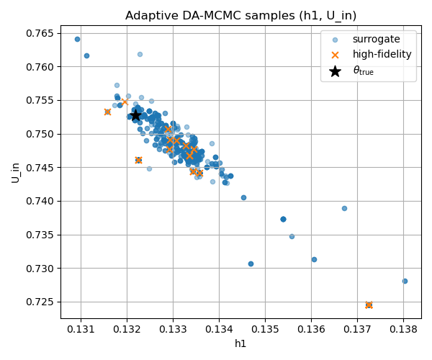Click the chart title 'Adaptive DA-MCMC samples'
pyautogui.click(x=240, y=15)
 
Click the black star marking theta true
pyautogui.click(x=135, y=115)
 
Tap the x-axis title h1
pyautogui.click(x=240, y=343)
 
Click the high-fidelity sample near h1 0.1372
pyautogui.click(x=369, y=305)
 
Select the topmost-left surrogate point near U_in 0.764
pyautogui.click(x=77, y=39)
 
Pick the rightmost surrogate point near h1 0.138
pyautogui.click(x=405, y=281)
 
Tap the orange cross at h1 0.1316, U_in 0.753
pyautogui.click(x=107, y=112)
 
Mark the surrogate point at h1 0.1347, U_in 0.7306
pyautogui.click(x=251, y=264)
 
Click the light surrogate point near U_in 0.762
pyautogui.click(x=140, y=54)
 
